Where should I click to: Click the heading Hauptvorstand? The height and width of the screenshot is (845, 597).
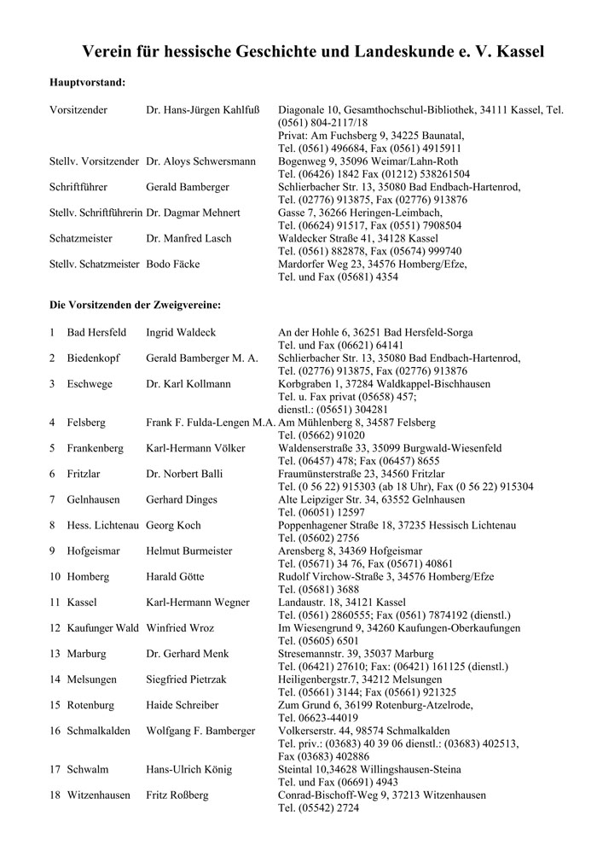pyautogui.click(x=88, y=83)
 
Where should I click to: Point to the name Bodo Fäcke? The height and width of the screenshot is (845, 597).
pyautogui.click(x=173, y=264)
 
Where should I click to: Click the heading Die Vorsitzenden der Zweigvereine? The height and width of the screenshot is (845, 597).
pyautogui.click(x=136, y=305)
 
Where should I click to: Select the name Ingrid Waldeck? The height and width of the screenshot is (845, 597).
pyautogui.click(x=182, y=332)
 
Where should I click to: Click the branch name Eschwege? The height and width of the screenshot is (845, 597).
pyautogui.click(x=90, y=384)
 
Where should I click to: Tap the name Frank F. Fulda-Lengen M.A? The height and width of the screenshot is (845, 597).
pyautogui.click(x=211, y=422)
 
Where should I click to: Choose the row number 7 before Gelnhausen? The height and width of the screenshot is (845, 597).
pyautogui.click(x=53, y=499)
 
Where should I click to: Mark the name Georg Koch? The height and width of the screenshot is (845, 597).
pyautogui.click(x=174, y=525)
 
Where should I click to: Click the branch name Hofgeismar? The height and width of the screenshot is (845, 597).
pyautogui.click(x=95, y=551)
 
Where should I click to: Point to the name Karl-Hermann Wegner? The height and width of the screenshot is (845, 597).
pyautogui.click(x=198, y=602)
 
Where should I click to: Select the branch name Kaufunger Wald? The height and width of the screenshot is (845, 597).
pyautogui.click(x=103, y=627)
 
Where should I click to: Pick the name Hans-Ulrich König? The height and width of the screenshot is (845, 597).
pyautogui.click(x=188, y=769)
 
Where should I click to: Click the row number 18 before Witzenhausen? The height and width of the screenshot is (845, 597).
pyautogui.click(x=55, y=795)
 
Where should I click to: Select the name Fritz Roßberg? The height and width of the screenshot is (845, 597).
pyautogui.click(x=177, y=795)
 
